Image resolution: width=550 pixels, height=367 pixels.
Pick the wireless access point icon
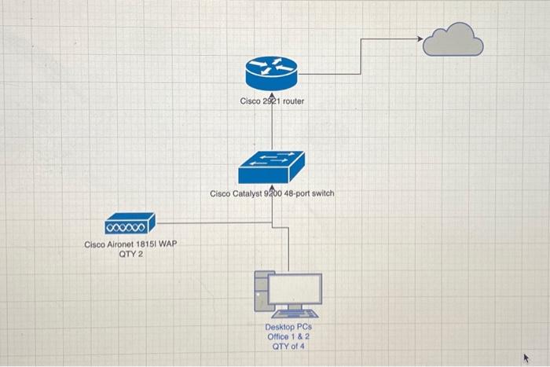[130, 226]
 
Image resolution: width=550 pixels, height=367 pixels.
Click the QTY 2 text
[130, 255]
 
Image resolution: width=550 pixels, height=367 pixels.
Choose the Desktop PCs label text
[288, 327]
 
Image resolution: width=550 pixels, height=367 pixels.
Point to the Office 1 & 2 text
[288, 336]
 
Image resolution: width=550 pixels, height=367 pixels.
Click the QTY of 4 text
[288, 346]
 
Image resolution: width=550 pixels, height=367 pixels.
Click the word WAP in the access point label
[169, 244]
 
